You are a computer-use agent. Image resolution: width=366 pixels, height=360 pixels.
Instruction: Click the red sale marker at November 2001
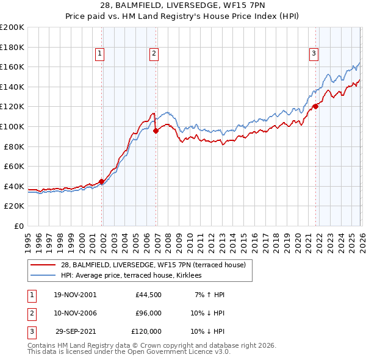pos(101,181)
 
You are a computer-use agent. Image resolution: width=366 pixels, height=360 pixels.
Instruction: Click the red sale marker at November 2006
pos(156,130)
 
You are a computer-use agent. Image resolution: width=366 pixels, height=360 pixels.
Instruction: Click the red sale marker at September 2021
pos(315,106)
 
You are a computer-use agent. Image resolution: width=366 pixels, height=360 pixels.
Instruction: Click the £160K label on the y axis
pos(12,67)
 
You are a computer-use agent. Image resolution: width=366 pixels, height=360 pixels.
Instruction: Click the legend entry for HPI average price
pos(135,275)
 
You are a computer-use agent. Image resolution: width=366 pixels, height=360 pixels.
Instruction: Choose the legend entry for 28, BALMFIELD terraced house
pos(153,265)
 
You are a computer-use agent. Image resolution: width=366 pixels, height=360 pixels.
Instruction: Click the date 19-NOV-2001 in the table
pos(74,294)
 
